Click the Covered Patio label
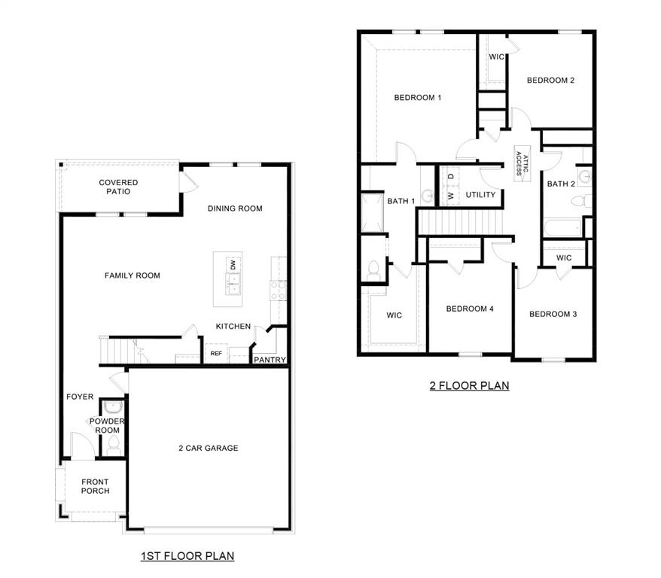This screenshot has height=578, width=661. click(118, 187)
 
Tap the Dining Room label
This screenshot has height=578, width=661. click(235, 208)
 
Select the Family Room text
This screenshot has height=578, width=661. click(133, 275)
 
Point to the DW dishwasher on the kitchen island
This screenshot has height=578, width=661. click(233, 265)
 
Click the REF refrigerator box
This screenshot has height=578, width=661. click(216, 353)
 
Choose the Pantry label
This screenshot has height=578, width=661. click(270, 360)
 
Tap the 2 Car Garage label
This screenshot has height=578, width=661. click(208, 448)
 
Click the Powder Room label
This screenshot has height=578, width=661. click(105, 426)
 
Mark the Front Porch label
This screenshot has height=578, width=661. click(95, 486)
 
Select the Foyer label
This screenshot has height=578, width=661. click(80, 397)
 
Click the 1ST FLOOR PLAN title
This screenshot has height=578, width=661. click(187, 556)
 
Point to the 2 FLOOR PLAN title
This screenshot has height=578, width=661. click(469, 386)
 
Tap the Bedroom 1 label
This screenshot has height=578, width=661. click(418, 97)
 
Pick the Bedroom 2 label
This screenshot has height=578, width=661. click(550, 81)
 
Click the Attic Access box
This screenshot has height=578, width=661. click(522, 161)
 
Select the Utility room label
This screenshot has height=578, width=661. click(480, 195)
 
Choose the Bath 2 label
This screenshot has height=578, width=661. click(561, 184)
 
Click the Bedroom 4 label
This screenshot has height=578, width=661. click(470, 309)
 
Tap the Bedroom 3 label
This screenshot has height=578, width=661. click(553, 314)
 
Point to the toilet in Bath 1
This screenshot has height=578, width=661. click(374, 268)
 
